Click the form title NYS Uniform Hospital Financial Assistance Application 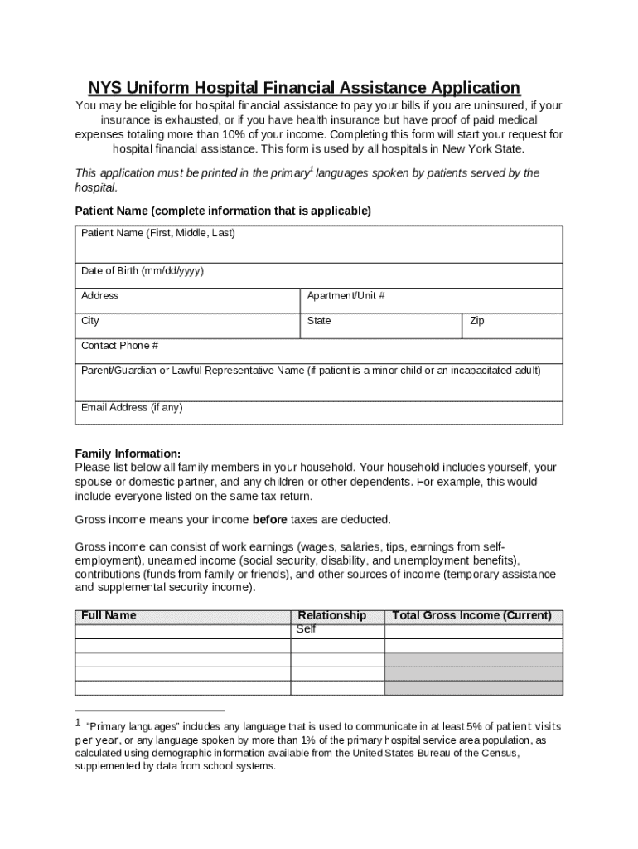[304, 88]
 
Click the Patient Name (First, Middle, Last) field [319, 245]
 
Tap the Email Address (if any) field [319, 411]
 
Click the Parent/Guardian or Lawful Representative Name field [319, 381]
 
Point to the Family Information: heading [128, 454]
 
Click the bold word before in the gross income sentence [269, 520]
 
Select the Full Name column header [109, 615]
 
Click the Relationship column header [331, 615]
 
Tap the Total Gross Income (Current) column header [471, 615]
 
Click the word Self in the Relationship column [307, 629]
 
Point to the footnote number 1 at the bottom [78, 724]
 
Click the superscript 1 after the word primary [311, 168]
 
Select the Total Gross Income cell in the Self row [473, 631]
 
